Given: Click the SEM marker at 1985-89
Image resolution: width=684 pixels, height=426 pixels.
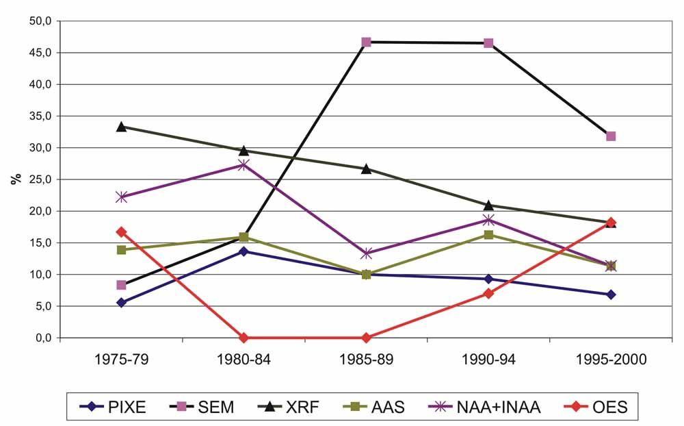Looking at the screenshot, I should pyautogui.click(x=366, y=42).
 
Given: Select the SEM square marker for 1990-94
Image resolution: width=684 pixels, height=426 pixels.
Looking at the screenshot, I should pyautogui.click(x=488, y=43).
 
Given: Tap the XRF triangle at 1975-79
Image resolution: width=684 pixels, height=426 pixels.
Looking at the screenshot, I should pyautogui.click(x=121, y=127).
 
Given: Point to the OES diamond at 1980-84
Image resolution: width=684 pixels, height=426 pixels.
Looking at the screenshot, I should pyautogui.click(x=244, y=338).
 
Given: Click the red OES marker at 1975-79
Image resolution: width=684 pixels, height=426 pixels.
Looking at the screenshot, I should pyautogui.click(x=121, y=231).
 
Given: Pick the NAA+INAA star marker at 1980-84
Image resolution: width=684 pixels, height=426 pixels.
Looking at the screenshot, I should pyautogui.click(x=244, y=165).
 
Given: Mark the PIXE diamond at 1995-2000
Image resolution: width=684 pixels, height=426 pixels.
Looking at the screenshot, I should pyautogui.click(x=611, y=295).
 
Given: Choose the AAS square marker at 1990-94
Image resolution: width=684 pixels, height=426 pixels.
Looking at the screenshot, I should pyautogui.click(x=488, y=235).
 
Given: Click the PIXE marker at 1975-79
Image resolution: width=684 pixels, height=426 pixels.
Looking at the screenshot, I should pyautogui.click(x=121, y=303).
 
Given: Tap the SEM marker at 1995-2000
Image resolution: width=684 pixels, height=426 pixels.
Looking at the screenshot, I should pyautogui.click(x=611, y=136).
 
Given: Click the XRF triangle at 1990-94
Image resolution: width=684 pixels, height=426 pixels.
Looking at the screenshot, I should pyautogui.click(x=488, y=205).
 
